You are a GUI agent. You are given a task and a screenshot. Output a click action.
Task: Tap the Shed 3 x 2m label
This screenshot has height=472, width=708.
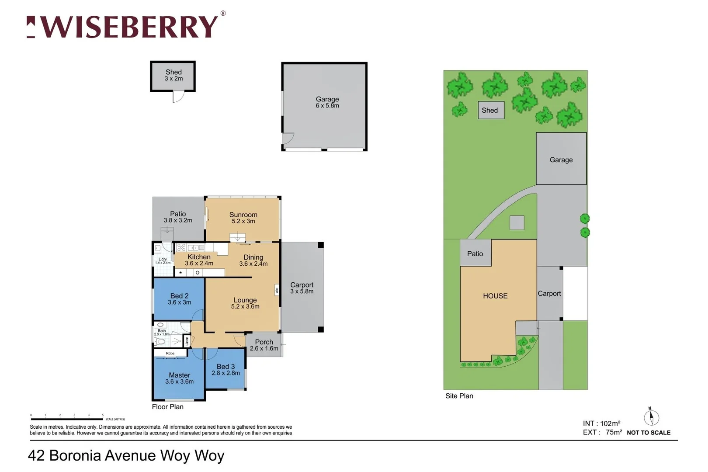pyautogui.click(x=174, y=75)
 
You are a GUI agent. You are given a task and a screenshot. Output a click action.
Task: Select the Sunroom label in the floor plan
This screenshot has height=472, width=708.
pyautogui.click(x=243, y=218)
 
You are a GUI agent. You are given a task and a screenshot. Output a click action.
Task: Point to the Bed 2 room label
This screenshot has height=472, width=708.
pyautogui.click(x=179, y=299)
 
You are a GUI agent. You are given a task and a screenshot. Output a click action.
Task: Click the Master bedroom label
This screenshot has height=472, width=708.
pyautogui.click(x=179, y=378)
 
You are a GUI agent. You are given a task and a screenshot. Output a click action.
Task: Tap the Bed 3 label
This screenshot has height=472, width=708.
pyautogui.click(x=226, y=370)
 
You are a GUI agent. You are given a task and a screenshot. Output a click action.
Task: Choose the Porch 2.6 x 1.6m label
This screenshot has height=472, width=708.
pyautogui.click(x=264, y=345)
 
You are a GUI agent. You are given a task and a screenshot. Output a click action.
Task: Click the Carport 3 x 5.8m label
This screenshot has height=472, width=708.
pyautogui.click(x=302, y=288)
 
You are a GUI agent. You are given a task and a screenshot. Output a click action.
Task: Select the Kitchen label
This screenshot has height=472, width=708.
pyautogui.click(x=199, y=260)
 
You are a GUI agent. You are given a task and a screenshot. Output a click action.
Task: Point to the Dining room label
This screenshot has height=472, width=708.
pyautogui.click(x=253, y=260)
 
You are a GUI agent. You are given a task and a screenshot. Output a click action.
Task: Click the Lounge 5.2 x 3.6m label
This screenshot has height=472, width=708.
pyautogui.click(x=245, y=303)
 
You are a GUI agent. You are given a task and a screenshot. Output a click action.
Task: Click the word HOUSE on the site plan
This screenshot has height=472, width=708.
pyautogui.click(x=495, y=296)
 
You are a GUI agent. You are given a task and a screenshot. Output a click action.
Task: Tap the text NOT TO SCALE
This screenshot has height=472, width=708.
pyautogui.click(x=649, y=433)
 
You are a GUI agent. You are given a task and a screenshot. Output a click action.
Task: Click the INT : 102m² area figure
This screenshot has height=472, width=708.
pyautogui.click(x=601, y=423)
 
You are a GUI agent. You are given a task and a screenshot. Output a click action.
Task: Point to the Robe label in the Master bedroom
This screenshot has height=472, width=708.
pyautogui.click(x=170, y=353)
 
